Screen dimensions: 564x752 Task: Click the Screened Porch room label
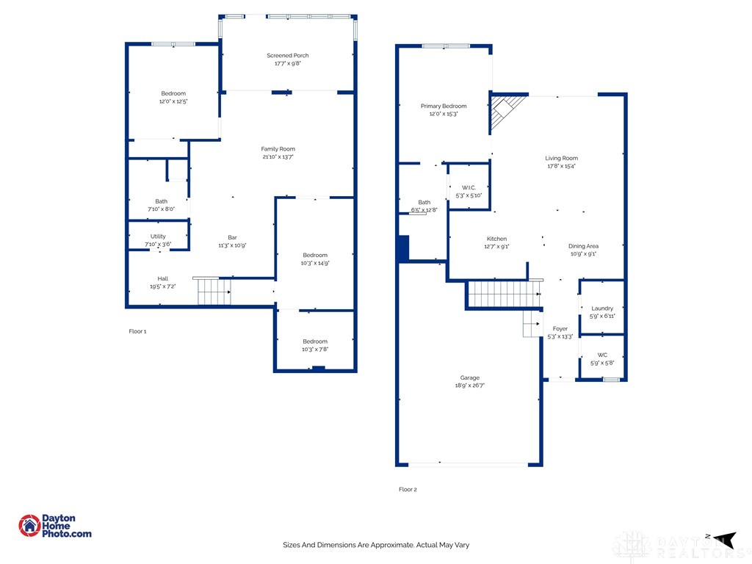(288, 56)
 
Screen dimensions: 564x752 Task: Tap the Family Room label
(278, 149)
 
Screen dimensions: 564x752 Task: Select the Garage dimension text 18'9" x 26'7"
(470, 386)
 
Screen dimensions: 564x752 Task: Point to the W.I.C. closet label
(469, 188)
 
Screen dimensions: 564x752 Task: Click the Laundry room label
(602, 308)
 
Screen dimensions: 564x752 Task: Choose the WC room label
(602, 355)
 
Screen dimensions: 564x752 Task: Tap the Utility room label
(158, 236)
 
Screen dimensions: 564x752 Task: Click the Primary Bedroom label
(444, 106)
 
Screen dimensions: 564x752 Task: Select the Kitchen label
(496, 239)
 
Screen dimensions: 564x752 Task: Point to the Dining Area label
(583, 246)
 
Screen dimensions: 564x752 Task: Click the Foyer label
(560, 329)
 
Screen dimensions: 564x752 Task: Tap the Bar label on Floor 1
(232, 237)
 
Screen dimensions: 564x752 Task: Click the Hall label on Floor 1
(162, 278)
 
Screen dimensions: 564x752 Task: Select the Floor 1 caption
(138, 331)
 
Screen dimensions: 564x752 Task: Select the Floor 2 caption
(408, 489)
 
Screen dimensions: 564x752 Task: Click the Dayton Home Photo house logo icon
(30, 525)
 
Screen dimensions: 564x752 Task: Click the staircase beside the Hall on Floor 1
(212, 291)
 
